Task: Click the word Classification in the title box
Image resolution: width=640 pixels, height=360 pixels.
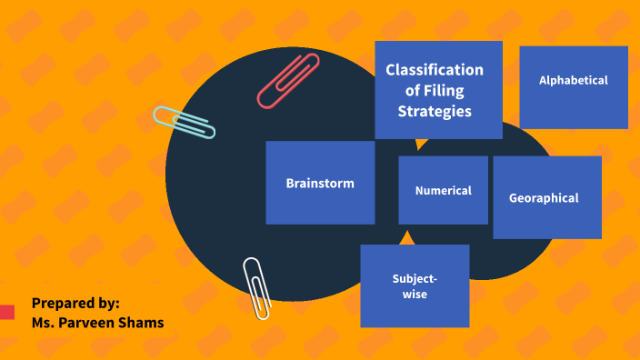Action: coord(435,70)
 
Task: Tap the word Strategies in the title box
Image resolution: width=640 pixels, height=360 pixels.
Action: coord(435,112)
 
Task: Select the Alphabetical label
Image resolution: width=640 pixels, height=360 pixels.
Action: coord(573,80)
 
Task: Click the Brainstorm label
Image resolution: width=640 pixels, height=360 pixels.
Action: coord(320,183)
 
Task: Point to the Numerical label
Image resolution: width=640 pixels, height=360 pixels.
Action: coord(443,191)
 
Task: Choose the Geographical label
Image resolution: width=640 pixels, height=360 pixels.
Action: coord(544,198)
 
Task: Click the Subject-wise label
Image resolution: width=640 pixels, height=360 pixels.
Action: coord(415,286)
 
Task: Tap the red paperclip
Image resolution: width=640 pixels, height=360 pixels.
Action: coord(288,81)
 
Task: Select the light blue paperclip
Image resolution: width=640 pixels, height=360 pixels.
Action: coord(184,122)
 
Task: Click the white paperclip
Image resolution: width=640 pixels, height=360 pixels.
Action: coord(256,287)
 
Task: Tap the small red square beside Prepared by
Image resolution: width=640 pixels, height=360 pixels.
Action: coord(7,313)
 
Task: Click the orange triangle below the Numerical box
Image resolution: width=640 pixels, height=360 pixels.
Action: coord(407,237)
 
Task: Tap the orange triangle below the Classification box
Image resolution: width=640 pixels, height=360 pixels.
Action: coord(420,144)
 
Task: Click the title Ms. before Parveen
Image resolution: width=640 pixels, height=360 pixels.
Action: coord(43,322)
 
